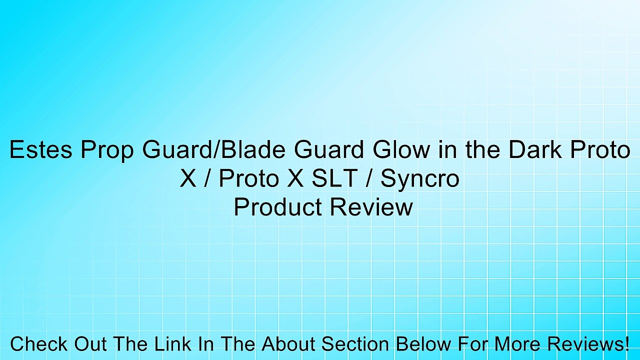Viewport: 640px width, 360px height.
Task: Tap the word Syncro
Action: (419, 179)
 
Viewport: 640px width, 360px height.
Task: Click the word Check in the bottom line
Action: (39, 344)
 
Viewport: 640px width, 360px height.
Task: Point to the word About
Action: (290, 344)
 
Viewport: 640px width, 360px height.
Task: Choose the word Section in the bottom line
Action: (355, 344)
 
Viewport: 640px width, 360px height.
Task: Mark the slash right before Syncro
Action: (371, 179)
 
